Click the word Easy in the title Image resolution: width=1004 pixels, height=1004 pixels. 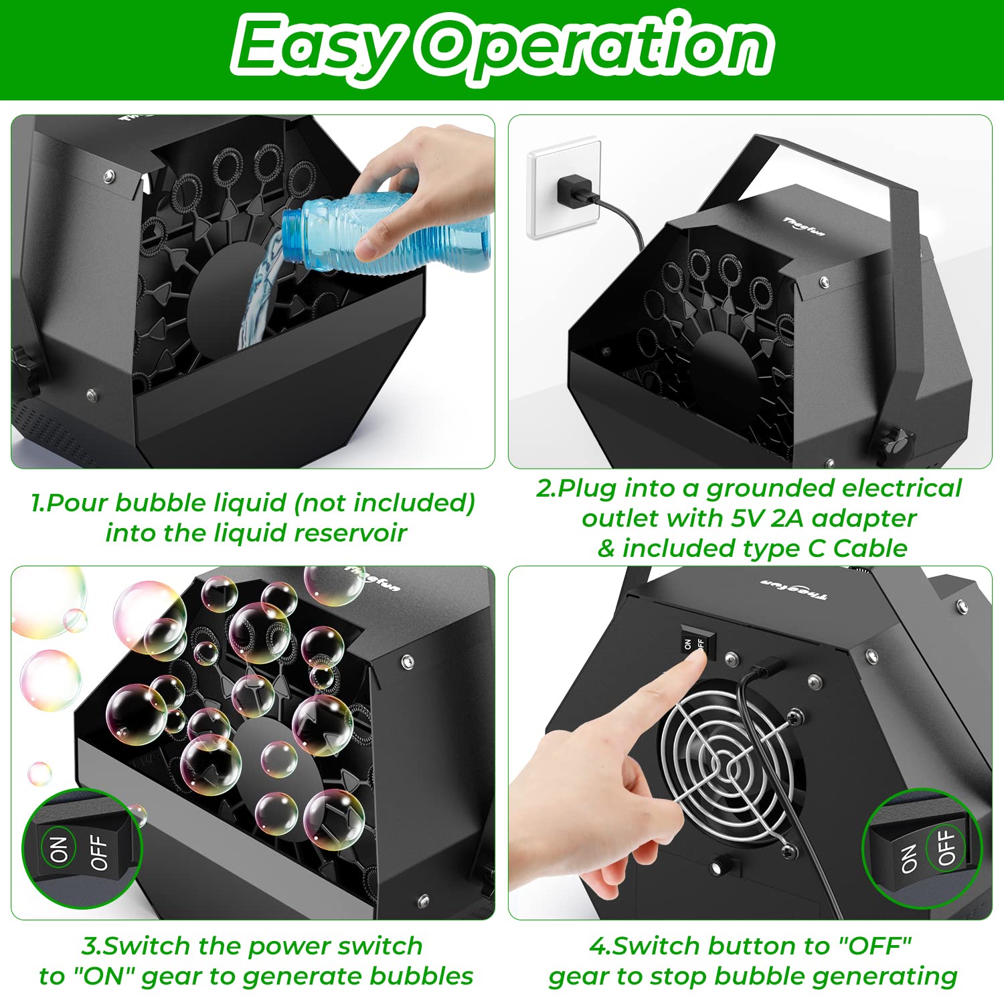[315, 47]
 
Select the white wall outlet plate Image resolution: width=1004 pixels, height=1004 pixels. [562, 187]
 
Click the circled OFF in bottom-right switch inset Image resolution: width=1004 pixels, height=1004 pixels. [945, 847]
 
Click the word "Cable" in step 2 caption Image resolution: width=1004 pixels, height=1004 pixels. [870, 548]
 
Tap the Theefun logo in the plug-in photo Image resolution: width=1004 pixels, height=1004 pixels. [804, 226]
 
